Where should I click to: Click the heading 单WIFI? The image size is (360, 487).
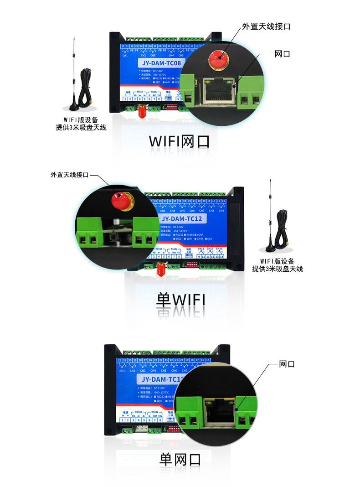[x=180, y=300]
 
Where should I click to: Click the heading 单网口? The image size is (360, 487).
[x=180, y=459]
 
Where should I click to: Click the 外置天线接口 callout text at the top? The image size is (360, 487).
[x=266, y=26]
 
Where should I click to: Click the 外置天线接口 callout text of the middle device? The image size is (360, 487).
[x=69, y=175]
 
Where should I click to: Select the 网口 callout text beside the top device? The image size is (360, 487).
[x=283, y=54]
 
